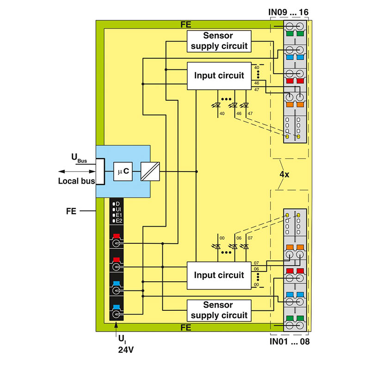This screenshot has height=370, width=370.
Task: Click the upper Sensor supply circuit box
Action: [219, 41]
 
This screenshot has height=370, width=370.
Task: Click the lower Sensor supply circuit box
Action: [219, 310]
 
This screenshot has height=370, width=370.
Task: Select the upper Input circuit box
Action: [219, 76]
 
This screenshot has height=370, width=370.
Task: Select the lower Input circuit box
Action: [219, 275]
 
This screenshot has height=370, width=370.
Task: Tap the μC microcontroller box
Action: [123, 172]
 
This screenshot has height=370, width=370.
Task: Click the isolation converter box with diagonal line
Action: [150, 172]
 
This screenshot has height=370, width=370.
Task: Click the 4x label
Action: [285, 175]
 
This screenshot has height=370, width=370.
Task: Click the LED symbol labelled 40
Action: [219, 106]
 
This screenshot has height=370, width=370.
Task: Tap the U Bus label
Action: [79, 158]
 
